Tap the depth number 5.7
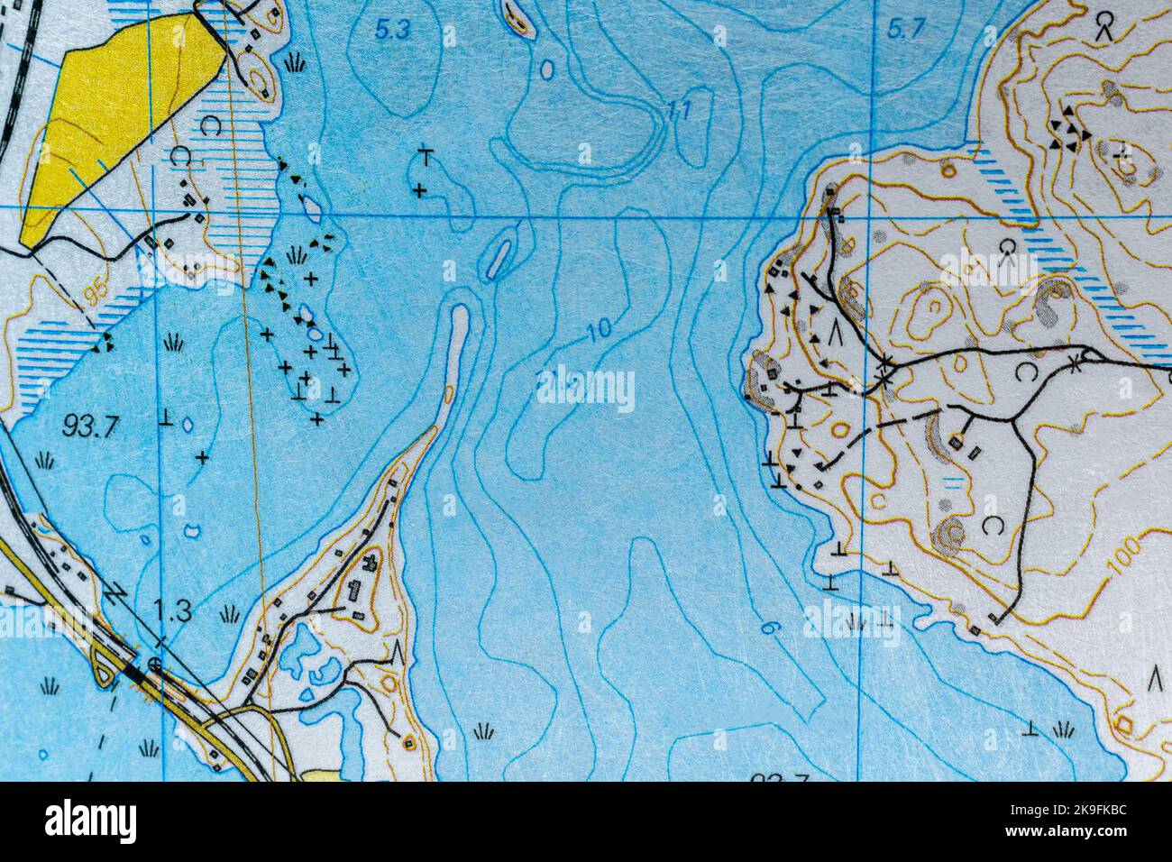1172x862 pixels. click(905, 30)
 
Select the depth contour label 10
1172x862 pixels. click(598, 330)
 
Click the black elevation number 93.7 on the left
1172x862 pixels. click(91, 425)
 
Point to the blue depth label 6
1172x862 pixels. click(768, 628)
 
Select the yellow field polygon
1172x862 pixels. click(117, 126)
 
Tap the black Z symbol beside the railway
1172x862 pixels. click(115, 594)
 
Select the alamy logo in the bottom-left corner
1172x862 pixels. click(90, 821)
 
